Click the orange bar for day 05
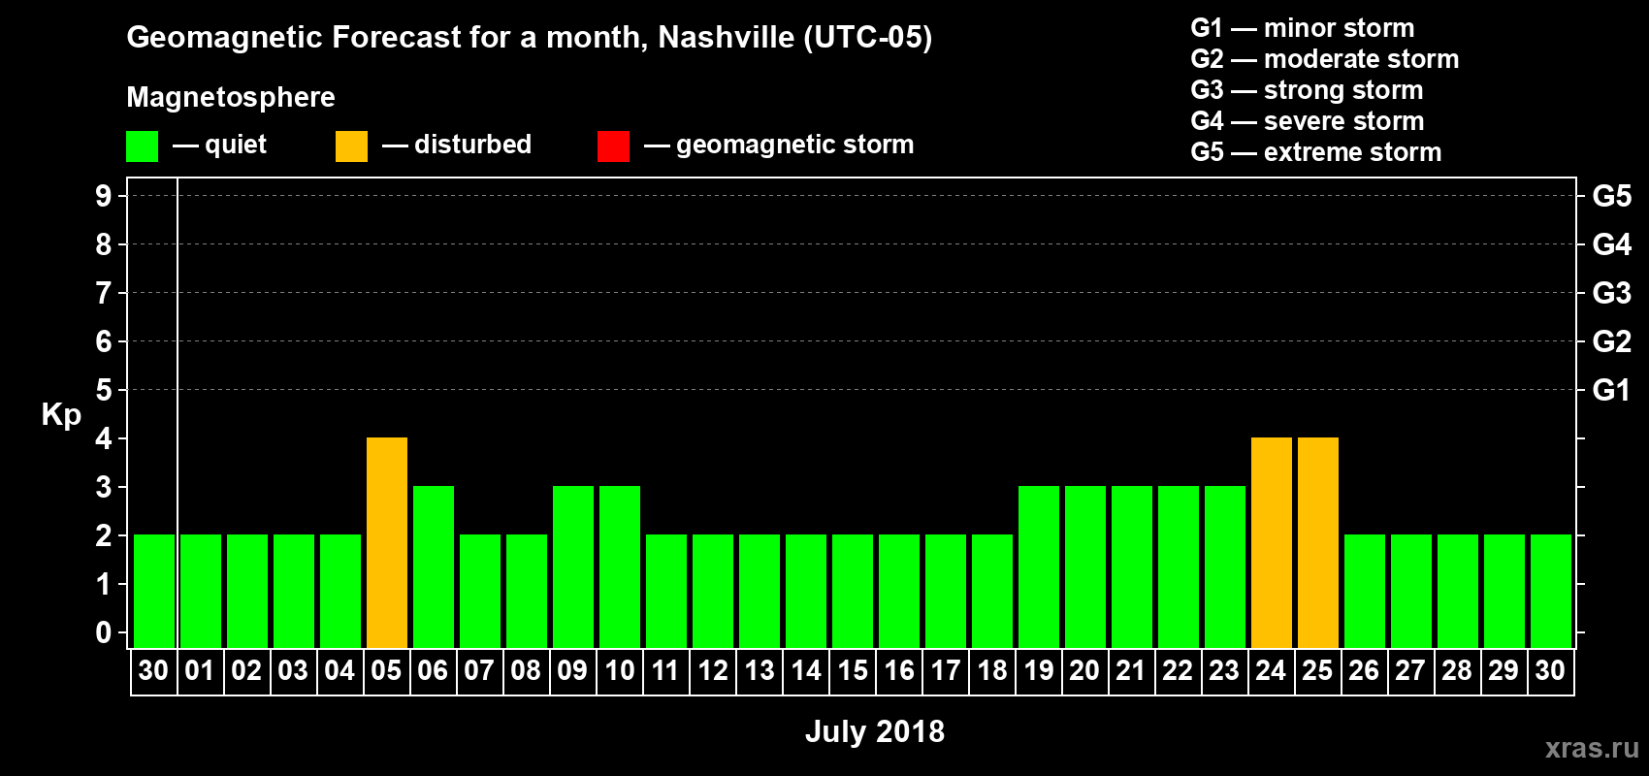(x=387, y=542)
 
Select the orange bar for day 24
(x=1272, y=542)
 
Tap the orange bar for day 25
(x=1318, y=542)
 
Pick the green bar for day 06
(x=434, y=566)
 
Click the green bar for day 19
(x=1039, y=566)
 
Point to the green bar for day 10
(x=620, y=566)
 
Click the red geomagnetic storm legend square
(x=613, y=146)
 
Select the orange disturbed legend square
(x=351, y=146)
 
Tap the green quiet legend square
(x=142, y=146)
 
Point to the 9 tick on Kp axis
(x=104, y=196)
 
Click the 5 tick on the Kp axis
(x=104, y=390)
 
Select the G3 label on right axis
(x=1611, y=293)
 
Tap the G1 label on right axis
(x=1611, y=390)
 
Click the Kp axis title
(x=61, y=415)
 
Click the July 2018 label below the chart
(x=874, y=731)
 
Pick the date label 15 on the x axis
(x=853, y=671)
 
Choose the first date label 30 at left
(x=153, y=671)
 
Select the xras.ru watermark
(x=1591, y=748)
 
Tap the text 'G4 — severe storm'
(x=1307, y=121)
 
